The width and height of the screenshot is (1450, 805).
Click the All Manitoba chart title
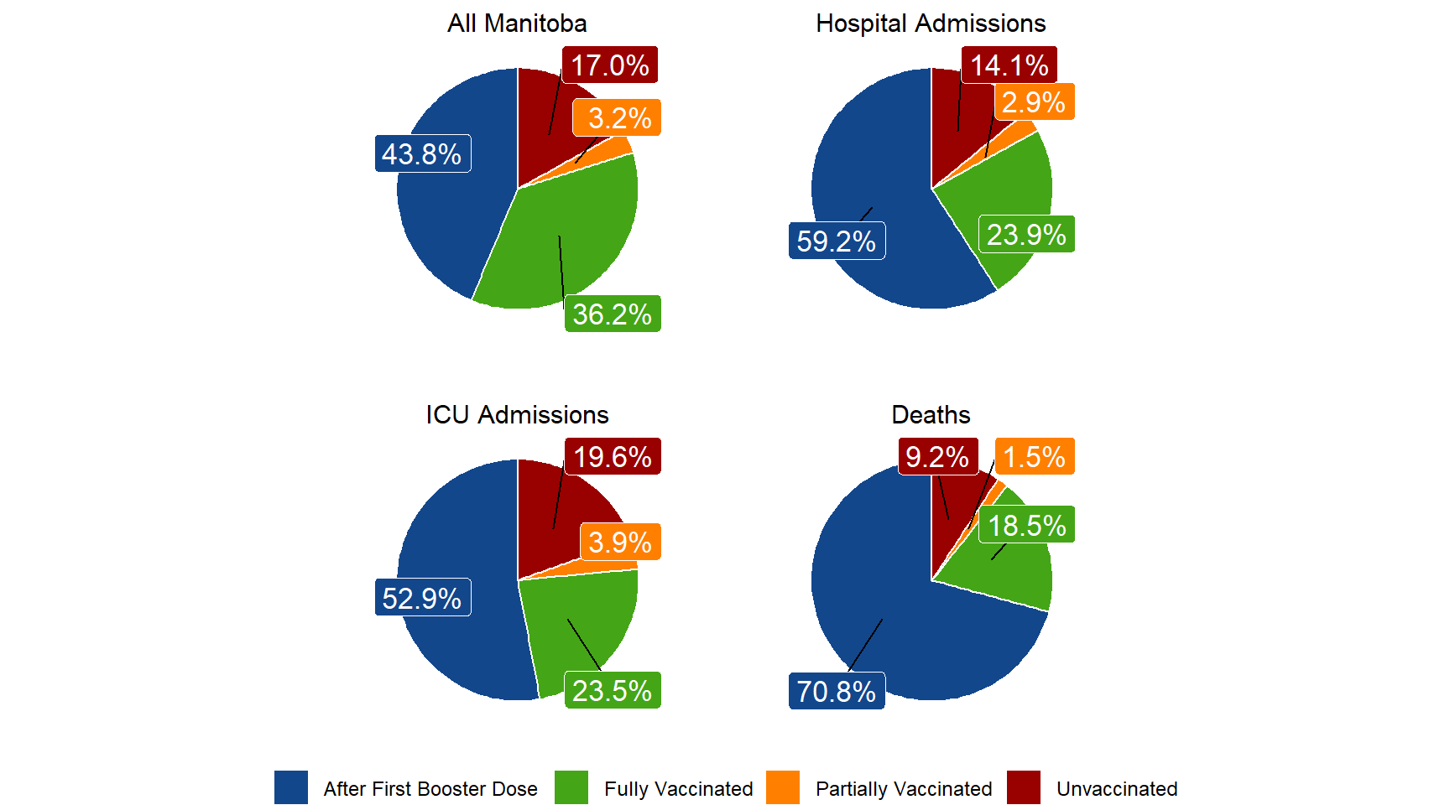517,23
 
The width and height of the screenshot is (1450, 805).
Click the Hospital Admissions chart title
931,23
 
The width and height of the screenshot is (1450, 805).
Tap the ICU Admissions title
517,415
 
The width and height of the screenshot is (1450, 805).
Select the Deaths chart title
931,415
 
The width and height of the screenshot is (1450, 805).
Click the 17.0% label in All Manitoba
610,65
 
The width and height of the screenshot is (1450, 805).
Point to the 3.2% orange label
618,118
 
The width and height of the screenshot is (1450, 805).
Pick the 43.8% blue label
422,154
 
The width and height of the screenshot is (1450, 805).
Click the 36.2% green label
613,314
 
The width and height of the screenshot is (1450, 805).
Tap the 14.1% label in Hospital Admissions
1009,65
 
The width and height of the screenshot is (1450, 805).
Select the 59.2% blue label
837,241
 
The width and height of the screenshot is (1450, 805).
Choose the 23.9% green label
1026,236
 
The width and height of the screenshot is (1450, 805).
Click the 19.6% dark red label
613,457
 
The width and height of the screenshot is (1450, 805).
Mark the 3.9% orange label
620,543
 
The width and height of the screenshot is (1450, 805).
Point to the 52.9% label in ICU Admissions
422,599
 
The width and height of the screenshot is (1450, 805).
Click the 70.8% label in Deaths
837,692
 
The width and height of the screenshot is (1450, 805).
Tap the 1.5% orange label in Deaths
1035,457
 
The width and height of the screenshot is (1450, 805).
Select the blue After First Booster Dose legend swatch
290,788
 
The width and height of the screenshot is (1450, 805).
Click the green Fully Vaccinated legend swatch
571,788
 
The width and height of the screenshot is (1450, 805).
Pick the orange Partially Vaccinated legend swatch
782,788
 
